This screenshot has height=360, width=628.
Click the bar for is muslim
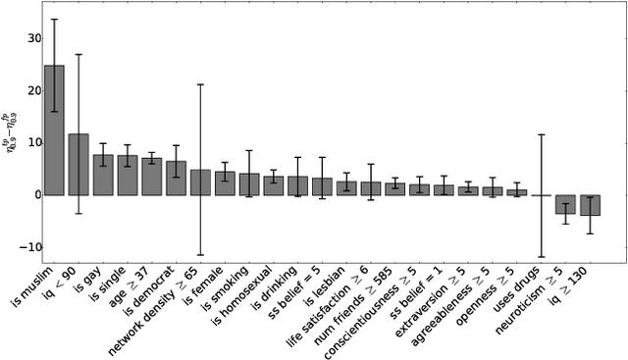(x=54, y=130)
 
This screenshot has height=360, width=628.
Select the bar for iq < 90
(x=78, y=165)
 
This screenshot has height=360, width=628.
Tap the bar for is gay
(x=103, y=175)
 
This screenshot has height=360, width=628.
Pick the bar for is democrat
(x=176, y=179)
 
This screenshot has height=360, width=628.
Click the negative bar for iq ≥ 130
(x=590, y=205)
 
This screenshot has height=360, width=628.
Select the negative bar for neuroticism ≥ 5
(x=565, y=204)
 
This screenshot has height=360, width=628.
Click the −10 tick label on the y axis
(x=26, y=247)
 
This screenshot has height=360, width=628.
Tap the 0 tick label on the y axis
(x=31, y=195)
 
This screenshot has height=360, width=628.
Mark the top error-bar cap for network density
(x=200, y=84)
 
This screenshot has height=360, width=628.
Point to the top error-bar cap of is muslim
(x=54, y=20)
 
